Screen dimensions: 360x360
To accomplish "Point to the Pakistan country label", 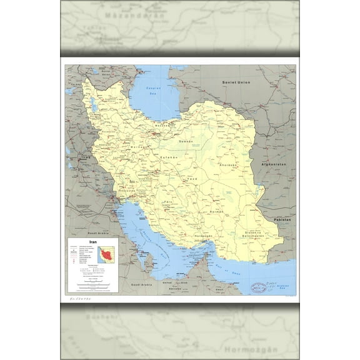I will (282, 221).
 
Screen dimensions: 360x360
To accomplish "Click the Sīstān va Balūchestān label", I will (258, 233).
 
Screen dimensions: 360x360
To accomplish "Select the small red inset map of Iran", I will (106, 256).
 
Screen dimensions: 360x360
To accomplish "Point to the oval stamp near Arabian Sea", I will (257, 287).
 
